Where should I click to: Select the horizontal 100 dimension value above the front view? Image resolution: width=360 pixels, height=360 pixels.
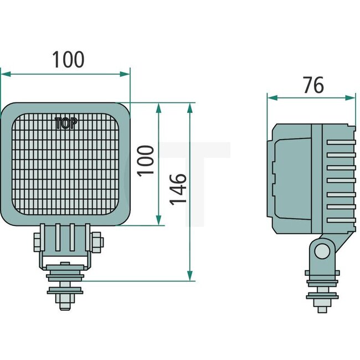pos(68,59)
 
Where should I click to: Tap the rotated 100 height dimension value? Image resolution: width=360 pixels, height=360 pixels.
pos(146,160)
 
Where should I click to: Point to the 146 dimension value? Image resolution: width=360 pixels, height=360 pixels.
pos(177,188)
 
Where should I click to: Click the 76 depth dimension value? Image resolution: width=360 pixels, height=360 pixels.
pos(313,85)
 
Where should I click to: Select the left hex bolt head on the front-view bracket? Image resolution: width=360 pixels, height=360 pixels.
pos(37,241)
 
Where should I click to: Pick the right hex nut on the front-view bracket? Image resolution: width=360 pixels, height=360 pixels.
pos(97,241)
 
